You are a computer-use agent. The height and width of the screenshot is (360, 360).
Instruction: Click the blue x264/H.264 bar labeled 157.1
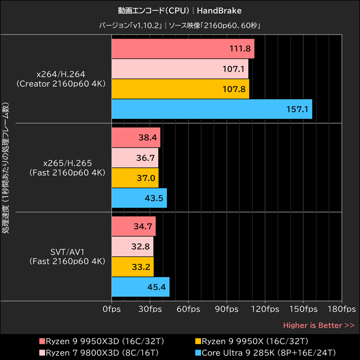[x=211, y=109]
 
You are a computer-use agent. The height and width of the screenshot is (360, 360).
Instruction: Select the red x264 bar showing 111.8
[x=183, y=49]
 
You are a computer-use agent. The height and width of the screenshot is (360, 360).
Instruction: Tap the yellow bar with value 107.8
[x=180, y=89]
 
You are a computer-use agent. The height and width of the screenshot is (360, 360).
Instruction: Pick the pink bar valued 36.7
[x=135, y=158]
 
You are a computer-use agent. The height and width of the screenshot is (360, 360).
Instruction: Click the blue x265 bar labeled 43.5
[x=139, y=198]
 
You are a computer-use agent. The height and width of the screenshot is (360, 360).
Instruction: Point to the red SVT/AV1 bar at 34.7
[x=133, y=226]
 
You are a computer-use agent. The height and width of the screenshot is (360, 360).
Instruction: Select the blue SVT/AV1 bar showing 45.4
[x=140, y=287]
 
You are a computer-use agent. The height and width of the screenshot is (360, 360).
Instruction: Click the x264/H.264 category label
[x=61, y=79]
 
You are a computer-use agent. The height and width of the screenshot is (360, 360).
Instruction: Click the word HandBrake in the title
[x=219, y=10]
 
